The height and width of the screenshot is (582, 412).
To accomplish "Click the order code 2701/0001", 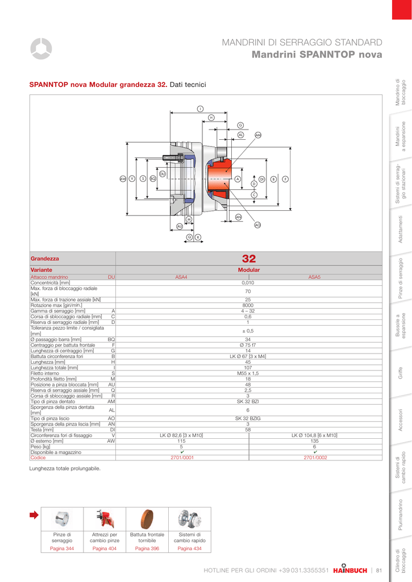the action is click(x=182, y=458).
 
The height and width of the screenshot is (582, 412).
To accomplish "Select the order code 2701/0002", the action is click(x=315, y=458).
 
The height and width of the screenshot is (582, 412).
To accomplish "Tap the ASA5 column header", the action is click(x=314, y=277).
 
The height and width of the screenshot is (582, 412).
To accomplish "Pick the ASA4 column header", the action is click(x=181, y=277).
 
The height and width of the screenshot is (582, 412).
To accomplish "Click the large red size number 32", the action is click(x=249, y=259).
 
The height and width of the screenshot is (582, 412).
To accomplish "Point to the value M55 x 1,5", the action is click(x=248, y=373).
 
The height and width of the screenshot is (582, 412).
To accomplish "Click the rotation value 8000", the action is click(x=248, y=305).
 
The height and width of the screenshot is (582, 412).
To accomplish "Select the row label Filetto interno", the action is click(x=44, y=373).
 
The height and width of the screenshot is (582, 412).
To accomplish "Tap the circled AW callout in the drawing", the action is click(x=123, y=178).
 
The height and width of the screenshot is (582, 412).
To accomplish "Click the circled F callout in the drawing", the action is click(x=285, y=179).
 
